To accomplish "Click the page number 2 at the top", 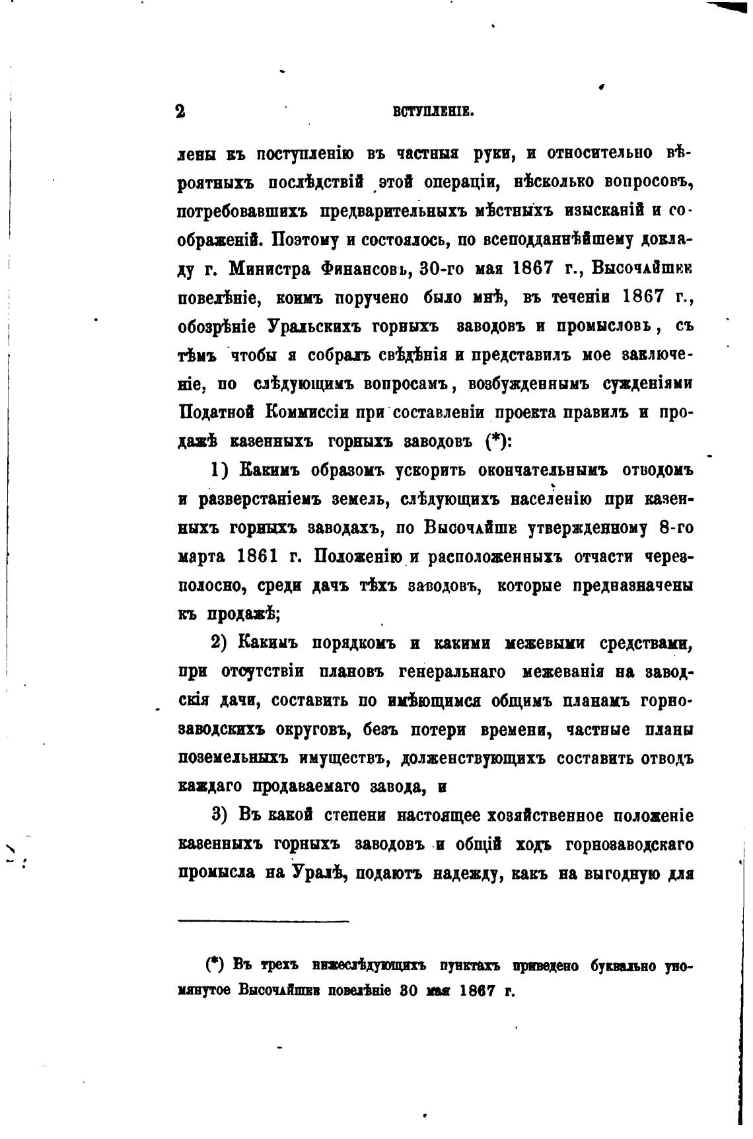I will click(180, 111).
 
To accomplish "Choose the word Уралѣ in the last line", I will click(320, 873).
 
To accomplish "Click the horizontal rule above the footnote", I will click(264, 920).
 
